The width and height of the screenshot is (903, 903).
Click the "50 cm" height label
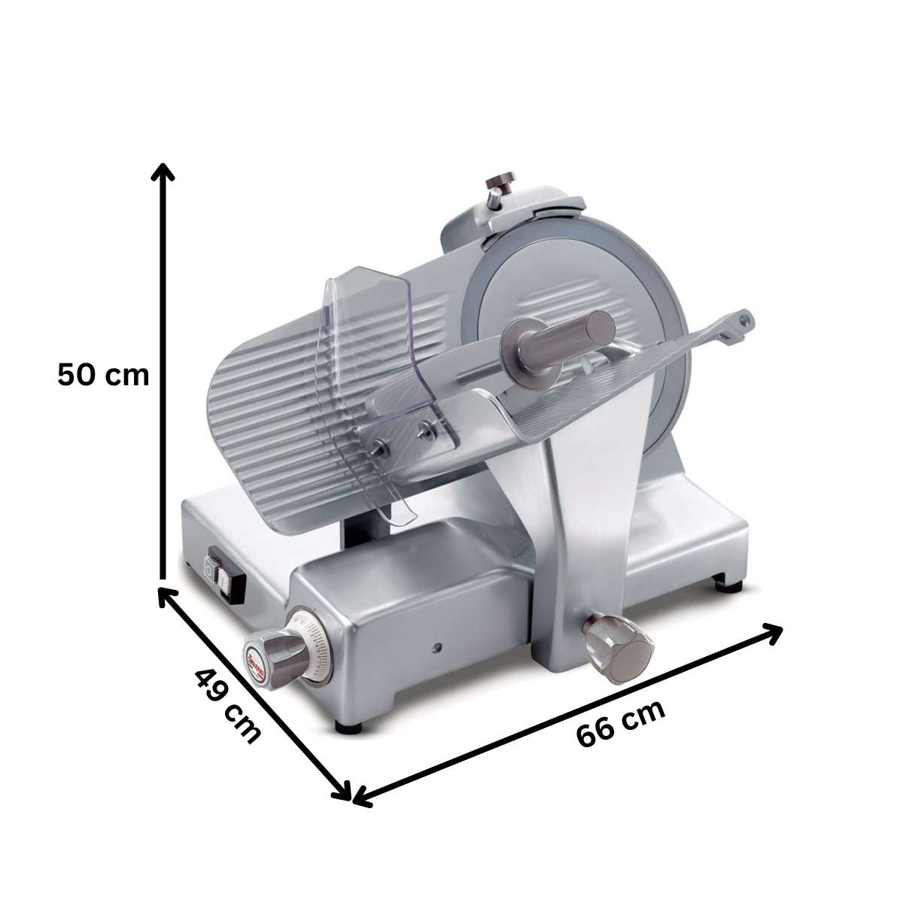click(103, 375)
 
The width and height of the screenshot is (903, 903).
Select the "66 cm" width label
click(621, 723)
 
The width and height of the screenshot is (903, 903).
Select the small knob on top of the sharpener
click(498, 184)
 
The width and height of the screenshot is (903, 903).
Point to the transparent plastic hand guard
click(376, 376)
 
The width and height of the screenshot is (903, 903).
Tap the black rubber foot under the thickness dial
click(347, 726)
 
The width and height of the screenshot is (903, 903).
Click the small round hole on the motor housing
click(436, 646)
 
